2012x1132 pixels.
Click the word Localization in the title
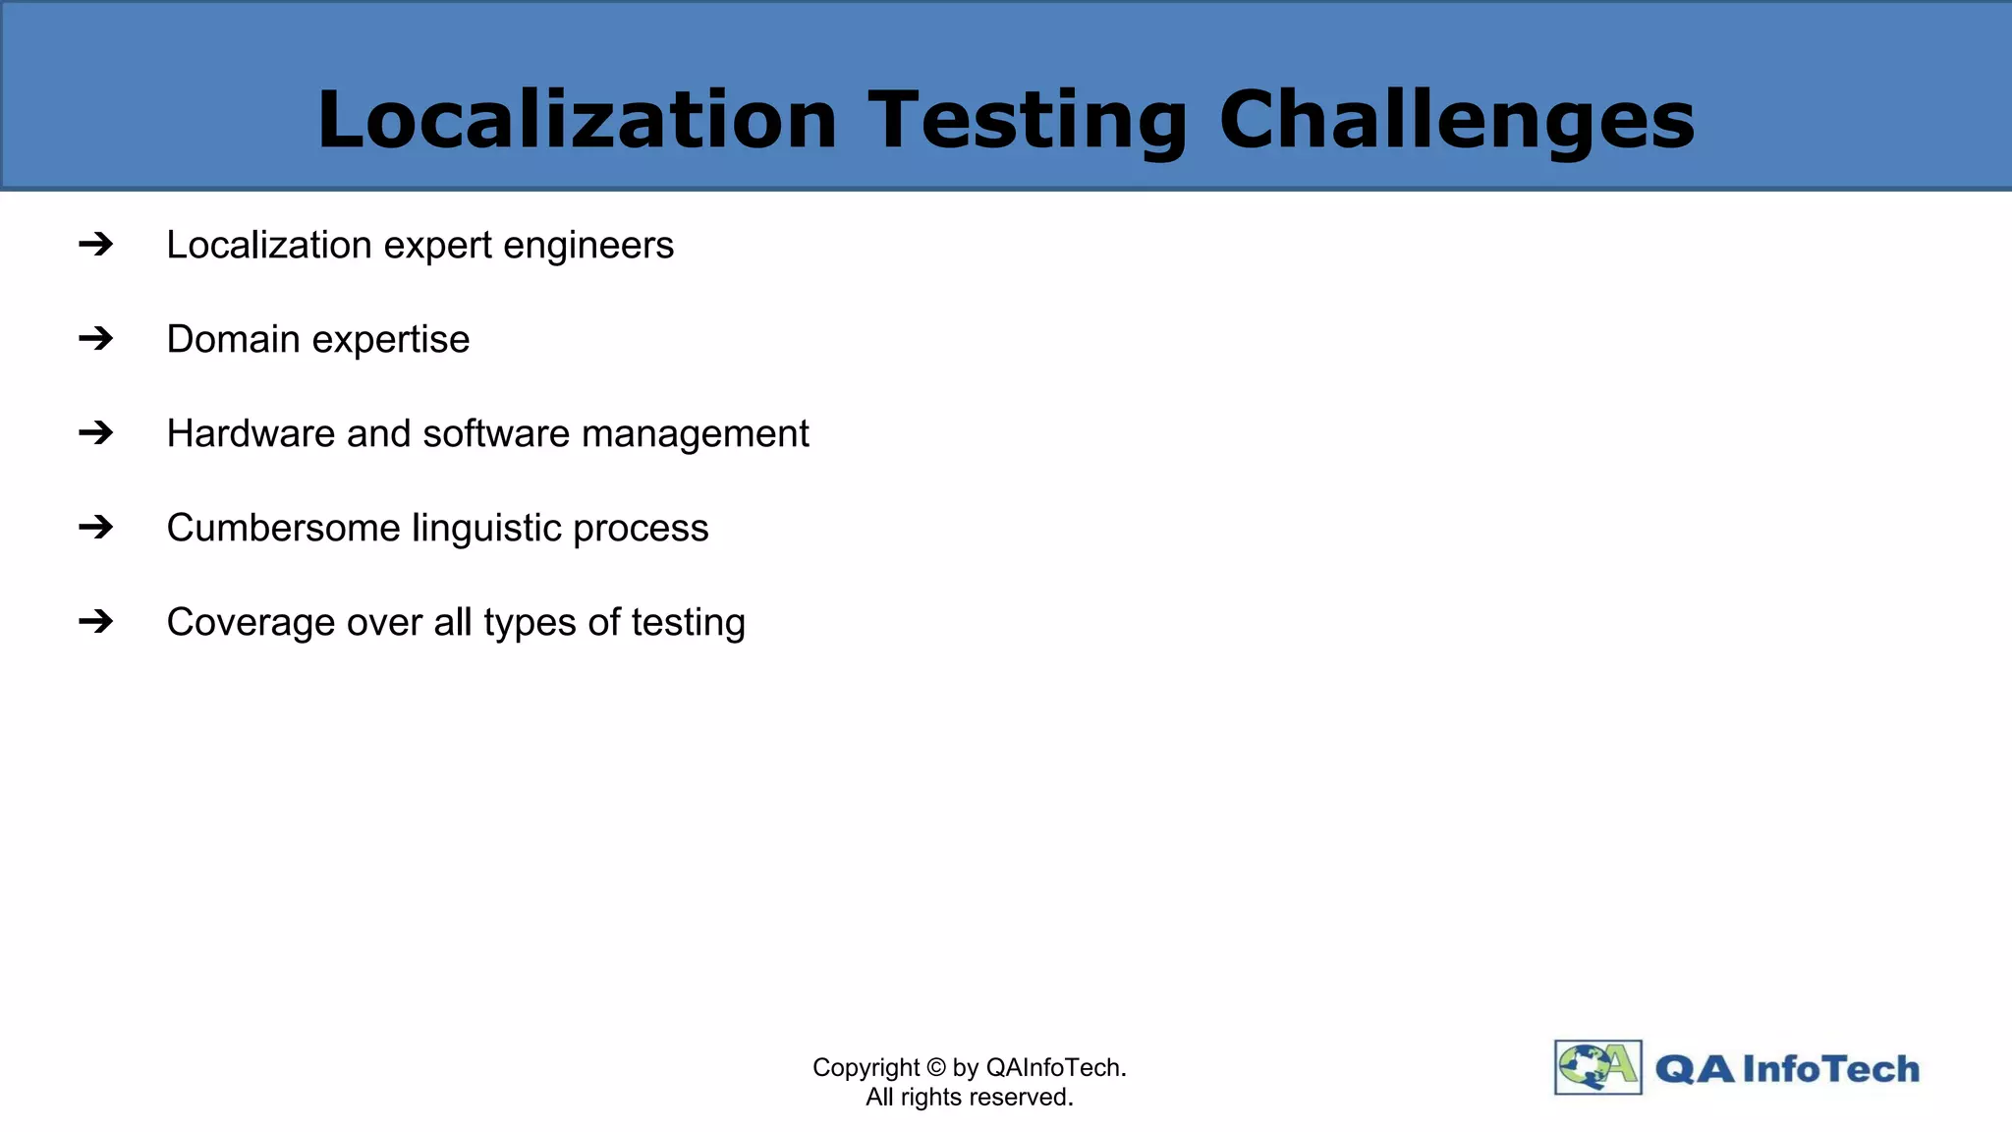point(577,120)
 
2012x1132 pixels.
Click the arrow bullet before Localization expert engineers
point(96,244)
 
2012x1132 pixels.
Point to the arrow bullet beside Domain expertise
point(96,338)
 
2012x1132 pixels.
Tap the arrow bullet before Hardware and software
point(96,432)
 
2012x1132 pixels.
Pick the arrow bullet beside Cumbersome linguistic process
point(96,527)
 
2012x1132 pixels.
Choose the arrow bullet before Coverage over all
point(96,621)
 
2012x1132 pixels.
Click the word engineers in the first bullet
point(588,246)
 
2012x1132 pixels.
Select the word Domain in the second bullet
point(233,339)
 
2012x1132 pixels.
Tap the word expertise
point(391,340)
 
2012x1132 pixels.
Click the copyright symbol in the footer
point(935,1067)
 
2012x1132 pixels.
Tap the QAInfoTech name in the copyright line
point(1054,1067)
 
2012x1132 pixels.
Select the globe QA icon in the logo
point(1597,1067)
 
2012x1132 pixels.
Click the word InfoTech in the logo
point(1830,1068)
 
